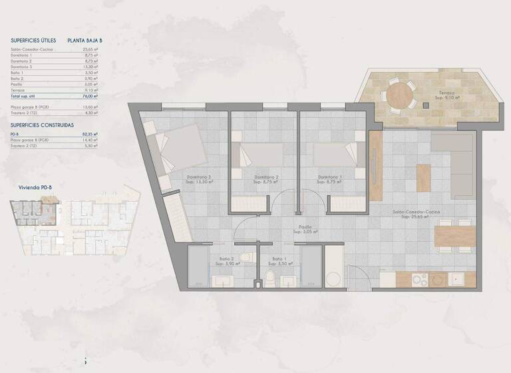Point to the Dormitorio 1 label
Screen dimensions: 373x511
330,177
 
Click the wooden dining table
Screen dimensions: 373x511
454,236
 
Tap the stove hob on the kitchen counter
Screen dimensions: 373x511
419,278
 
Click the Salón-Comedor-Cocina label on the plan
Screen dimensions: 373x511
417,213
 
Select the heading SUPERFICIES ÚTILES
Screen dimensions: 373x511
33,41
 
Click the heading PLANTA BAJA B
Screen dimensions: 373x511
85,41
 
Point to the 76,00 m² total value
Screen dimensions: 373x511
91,96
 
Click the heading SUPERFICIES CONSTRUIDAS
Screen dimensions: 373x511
42,125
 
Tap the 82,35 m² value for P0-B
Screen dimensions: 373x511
91,135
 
